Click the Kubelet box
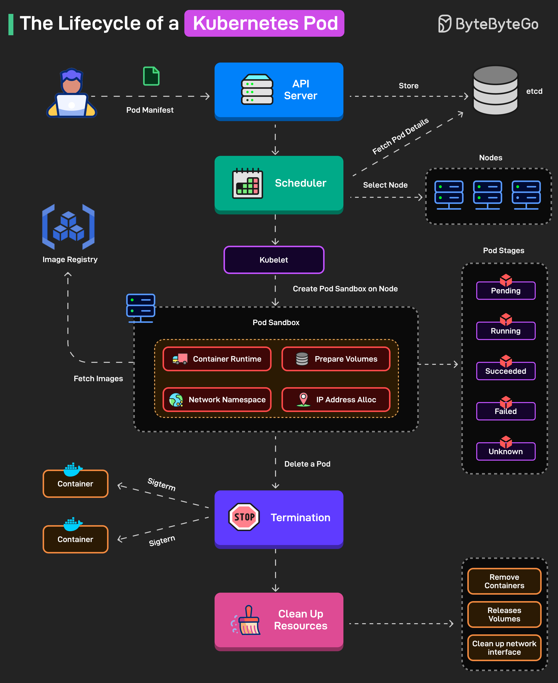click(x=274, y=260)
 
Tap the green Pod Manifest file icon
click(x=151, y=76)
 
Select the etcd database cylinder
click(x=495, y=90)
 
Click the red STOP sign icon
click(x=244, y=517)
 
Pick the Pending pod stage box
click(x=506, y=291)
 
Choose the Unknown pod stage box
click(x=506, y=451)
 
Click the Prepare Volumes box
click(x=336, y=359)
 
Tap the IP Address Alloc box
click(x=336, y=399)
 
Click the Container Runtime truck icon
click(x=180, y=359)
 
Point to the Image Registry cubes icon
click(x=68, y=227)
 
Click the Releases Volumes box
click(x=504, y=615)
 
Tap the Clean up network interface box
click(x=504, y=648)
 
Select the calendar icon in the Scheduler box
click(x=247, y=183)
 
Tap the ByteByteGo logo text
click(x=497, y=24)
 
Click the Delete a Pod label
click(x=307, y=464)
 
